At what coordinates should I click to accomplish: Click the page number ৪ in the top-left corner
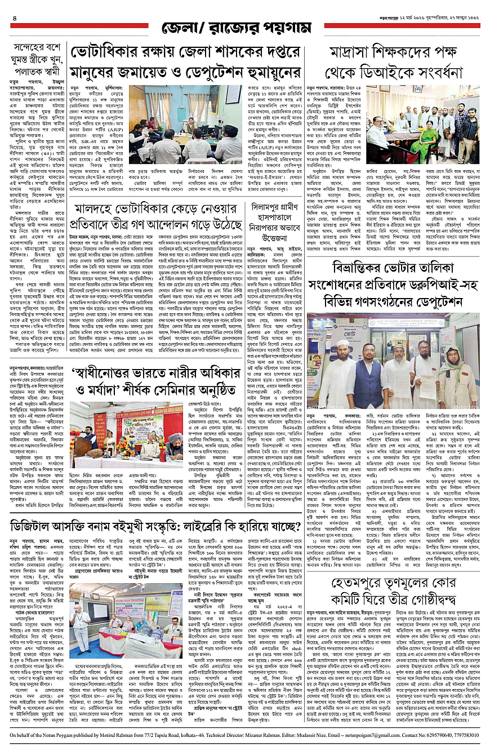tap(14, 17)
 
